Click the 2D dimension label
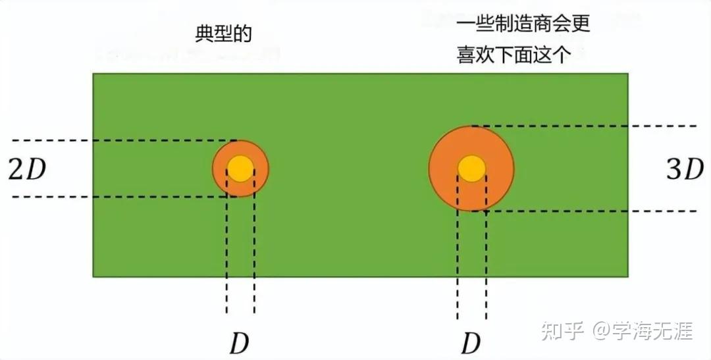(x=28, y=170)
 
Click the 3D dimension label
(x=685, y=170)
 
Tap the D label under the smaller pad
(x=239, y=342)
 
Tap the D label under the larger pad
(x=470, y=342)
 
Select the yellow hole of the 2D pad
(x=240, y=168)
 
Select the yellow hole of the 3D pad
(x=471, y=168)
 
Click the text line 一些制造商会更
(x=523, y=24)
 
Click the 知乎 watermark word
(x=562, y=330)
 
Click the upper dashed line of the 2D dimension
(x=118, y=140)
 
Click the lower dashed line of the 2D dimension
(x=118, y=197)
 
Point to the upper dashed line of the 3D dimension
(x=592, y=125)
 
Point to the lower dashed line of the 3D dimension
(x=592, y=211)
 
